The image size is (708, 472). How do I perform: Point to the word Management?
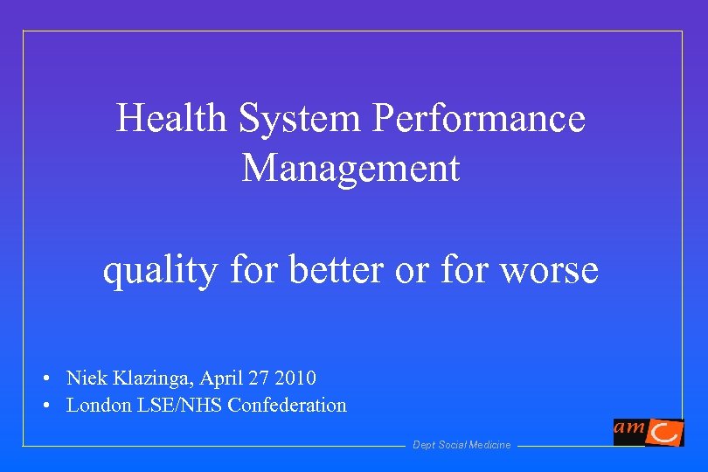(351, 168)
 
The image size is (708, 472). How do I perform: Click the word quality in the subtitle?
(160, 271)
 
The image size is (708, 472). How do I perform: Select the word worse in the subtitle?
(549, 271)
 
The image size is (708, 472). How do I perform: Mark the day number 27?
(260, 378)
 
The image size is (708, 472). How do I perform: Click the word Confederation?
(287, 406)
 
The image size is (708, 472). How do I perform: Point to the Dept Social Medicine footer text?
(462, 446)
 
